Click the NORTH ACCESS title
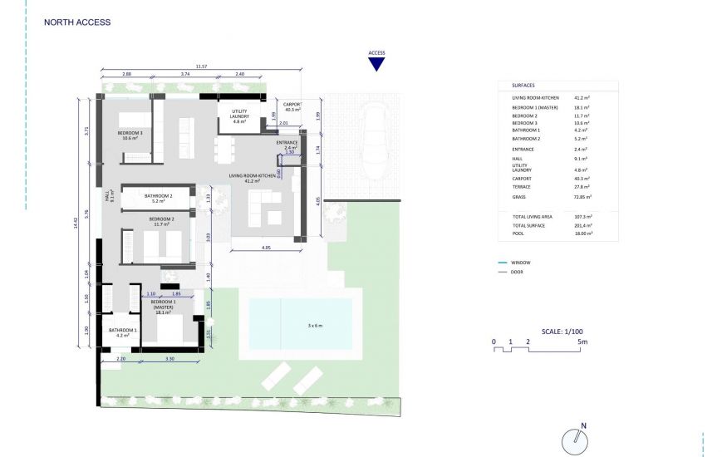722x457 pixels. pyautogui.click(x=76, y=22)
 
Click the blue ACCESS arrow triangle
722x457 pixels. pyautogui.click(x=376, y=64)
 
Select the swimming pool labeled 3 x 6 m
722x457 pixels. pyautogui.click(x=300, y=323)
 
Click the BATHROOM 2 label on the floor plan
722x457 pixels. pyautogui.click(x=158, y=196)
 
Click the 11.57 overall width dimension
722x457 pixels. pyautogui.click(x=201, y=66)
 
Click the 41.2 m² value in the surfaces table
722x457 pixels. pyautogui.click(x=581, y=98)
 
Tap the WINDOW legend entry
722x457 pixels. pyautogui.click(x=519, y=263)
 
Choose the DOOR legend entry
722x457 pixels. pyautogui.click(x=517, y=272)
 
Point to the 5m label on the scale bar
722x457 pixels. pyautogui.click(x=583, y=342)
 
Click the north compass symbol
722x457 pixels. pyautogui.click(x=573, y=440)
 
